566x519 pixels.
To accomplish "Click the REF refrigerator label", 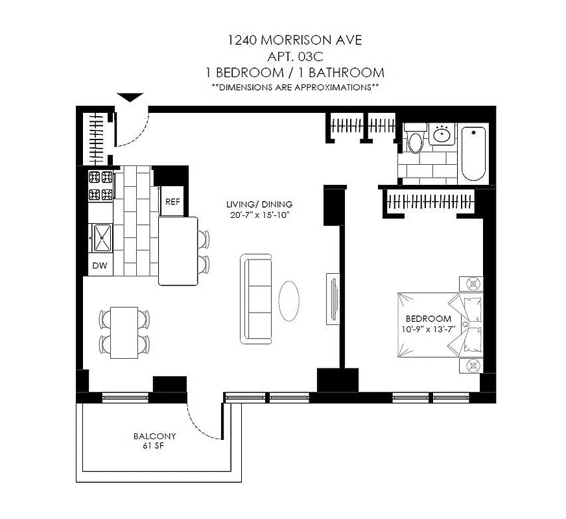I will [x=172, y=202].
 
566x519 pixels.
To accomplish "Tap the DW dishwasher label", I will [x=100, y=265].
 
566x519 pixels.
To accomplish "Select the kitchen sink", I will [x=102, y=237].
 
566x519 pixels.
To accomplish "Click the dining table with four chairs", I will [x=124, y=332].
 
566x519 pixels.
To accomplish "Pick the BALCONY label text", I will [x=150, y=437].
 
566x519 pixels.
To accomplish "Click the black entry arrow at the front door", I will [x=130, y=98].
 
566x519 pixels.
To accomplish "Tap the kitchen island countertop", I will [x=178, y=250].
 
